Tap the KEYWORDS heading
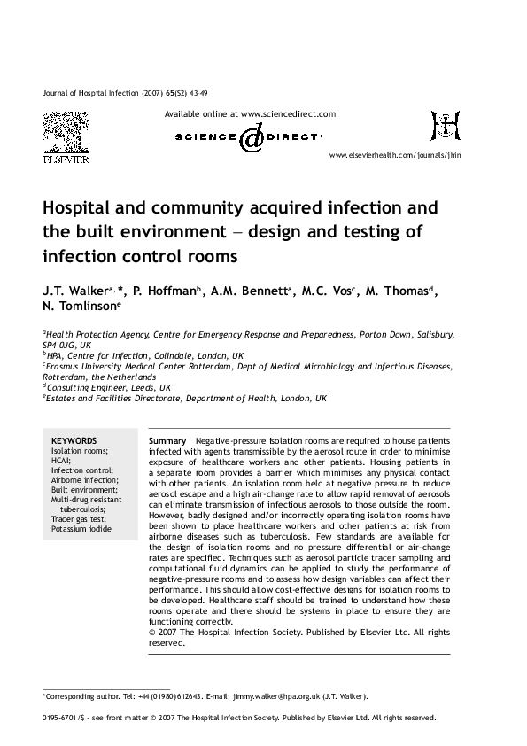tap(74, 440)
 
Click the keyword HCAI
tap(60, 460)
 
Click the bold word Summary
tap(167, 440)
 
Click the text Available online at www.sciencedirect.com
tap(251, 114)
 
